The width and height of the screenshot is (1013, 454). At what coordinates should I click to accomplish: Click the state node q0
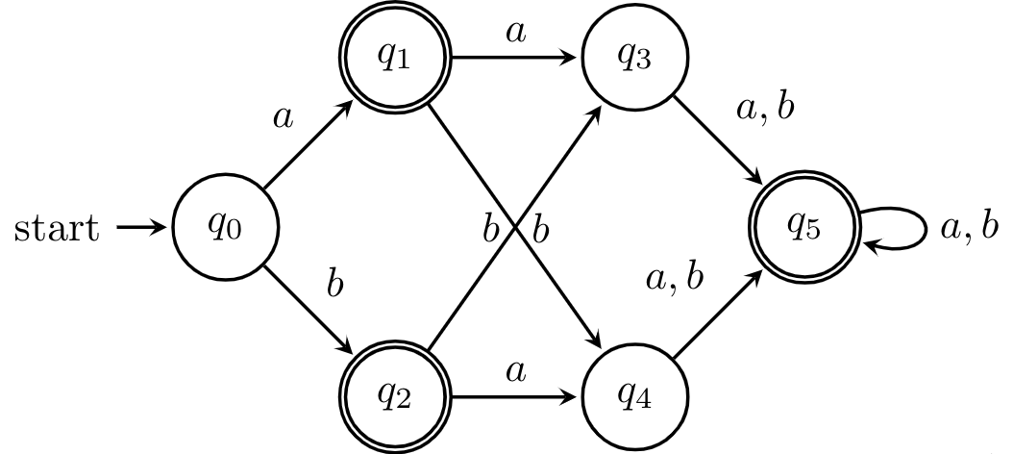click(x=226, y=228)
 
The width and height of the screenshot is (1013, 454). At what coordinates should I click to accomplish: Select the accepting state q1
click(x=396, y=59)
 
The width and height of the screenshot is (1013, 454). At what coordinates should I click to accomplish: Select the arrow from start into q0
click(x=142, y=228)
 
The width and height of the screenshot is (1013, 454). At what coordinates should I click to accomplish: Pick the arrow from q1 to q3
click(x=516, y=58)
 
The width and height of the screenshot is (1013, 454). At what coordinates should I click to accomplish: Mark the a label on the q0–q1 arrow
click(x=283, y=119)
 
